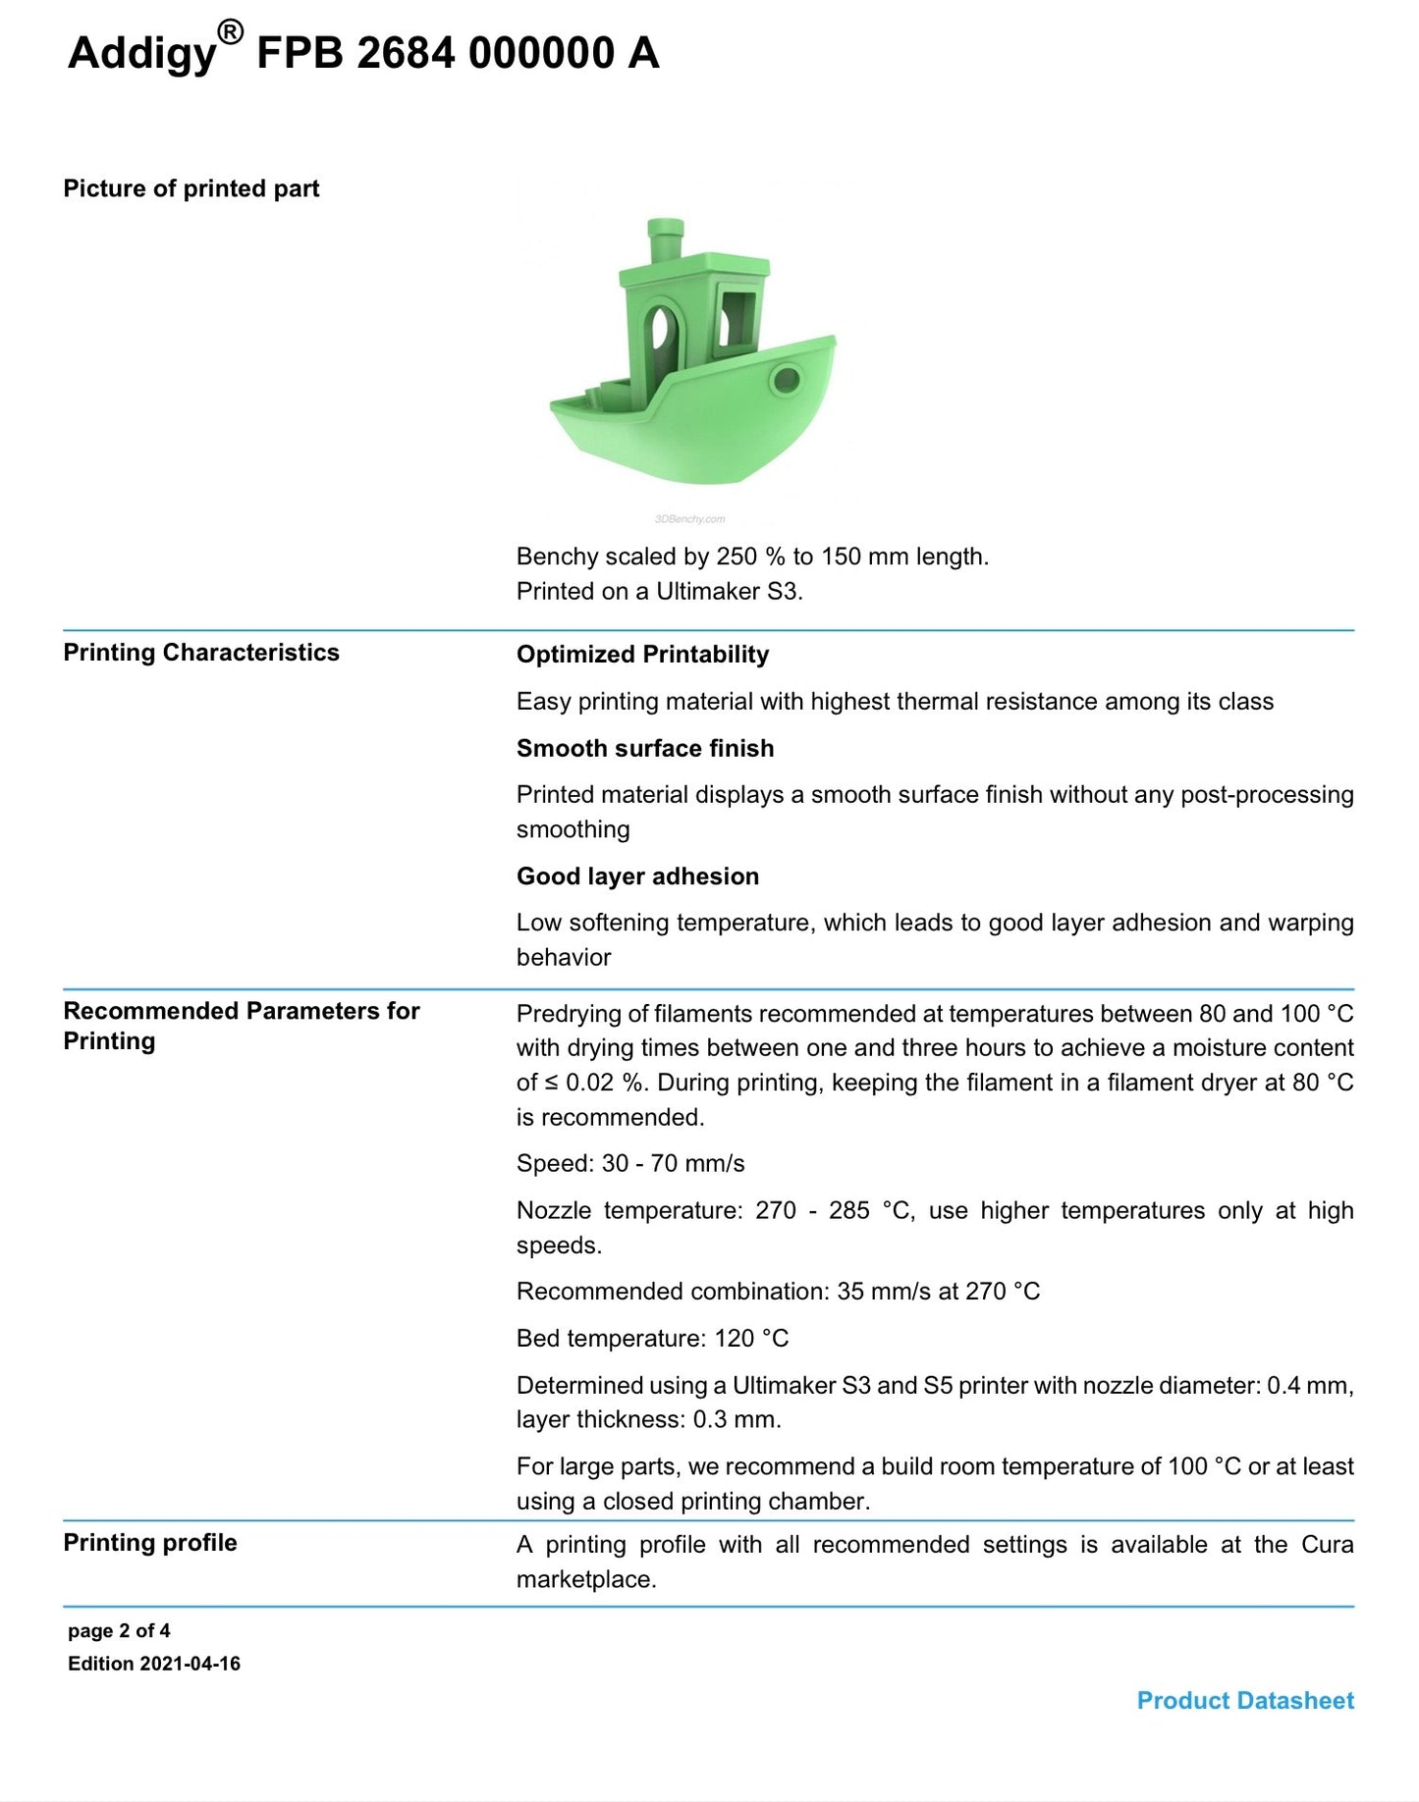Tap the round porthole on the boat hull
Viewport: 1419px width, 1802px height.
click(x=786, y=379)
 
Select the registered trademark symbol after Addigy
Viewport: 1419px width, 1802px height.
click(x=229, y=33)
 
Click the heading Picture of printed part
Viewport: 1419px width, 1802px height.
click(x=191, y=188)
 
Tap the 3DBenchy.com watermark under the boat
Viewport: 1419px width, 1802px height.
click(x=689, y=519)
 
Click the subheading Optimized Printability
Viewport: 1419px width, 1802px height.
click(x=642, y=655)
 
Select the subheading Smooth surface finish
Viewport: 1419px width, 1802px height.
click(x=645, y=748)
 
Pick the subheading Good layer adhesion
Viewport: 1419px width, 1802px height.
click(x=637, y=876)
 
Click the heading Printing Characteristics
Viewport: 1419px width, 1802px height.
click(x=201, y=653)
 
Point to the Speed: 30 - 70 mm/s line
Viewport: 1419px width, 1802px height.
click(x=630, y=1164)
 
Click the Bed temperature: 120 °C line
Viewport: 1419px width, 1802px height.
click(x=652, y=1339)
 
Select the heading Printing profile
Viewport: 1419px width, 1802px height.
click(x=150, y=1543)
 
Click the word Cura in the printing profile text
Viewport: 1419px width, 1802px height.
click(x=1327, y=1545)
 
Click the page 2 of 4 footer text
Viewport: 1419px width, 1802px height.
click(x=119, y=1631)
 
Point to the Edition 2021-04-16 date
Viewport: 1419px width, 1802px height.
click(x=154, y=1664)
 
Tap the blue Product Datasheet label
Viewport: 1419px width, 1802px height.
click(x=1245, y=1701)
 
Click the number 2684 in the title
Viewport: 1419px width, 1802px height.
click(x=406, y=53)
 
